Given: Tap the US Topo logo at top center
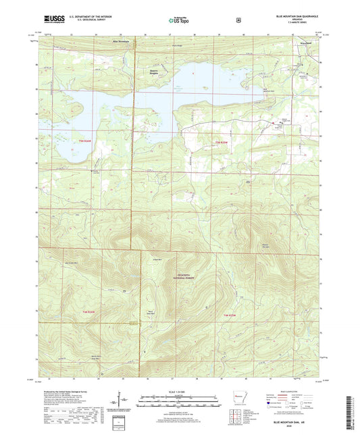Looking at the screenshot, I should pyautogui.click(x=179, y=21).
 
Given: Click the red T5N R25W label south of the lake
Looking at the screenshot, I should pyautogui.click(x=222, y=142).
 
